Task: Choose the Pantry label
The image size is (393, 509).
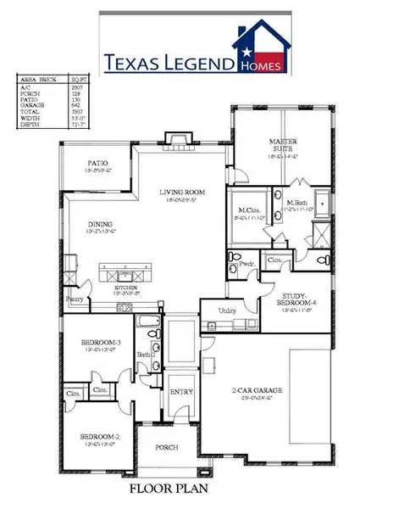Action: pyautogui.click(x=75, y=299)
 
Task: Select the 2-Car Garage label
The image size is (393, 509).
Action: pyautogui.click(x=258, y=390)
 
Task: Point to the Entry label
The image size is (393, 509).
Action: pyautogui.click(x=181, y=391)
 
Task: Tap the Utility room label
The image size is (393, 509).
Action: pyautogui.click(x=226, y=310)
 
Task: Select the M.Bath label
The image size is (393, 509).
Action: pyautogui.click(x=297, y=203)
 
